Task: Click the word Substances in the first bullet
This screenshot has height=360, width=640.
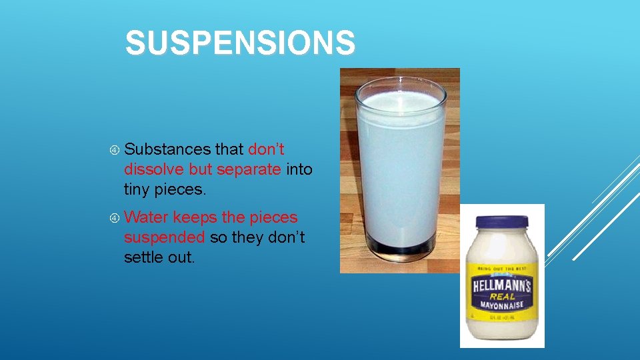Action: (x=167, y=150)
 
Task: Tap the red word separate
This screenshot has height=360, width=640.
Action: (x=249, y=169)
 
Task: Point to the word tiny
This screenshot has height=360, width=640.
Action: (x=137, y=189)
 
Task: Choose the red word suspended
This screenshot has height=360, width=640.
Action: (x=163, y=237)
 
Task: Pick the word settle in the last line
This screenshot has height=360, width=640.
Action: (x=142, y=257)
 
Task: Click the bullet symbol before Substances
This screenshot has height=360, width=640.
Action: (x=115, y=151)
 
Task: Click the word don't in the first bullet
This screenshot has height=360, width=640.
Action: (x=266, y=150)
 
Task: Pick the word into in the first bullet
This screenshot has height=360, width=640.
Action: (x=299, y=169)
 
